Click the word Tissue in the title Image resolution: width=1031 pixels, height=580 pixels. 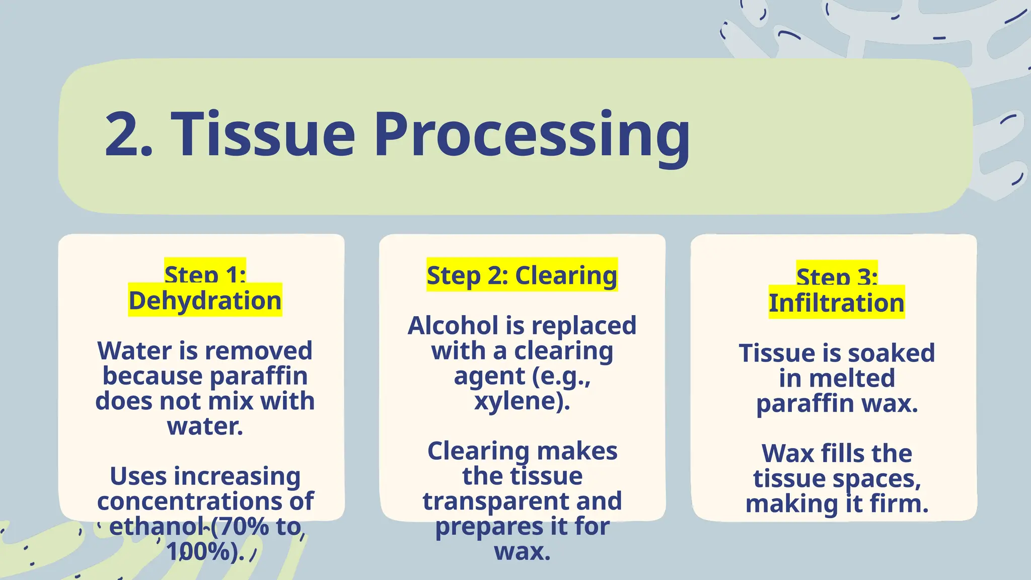pyautogui.click(x=263, y=135)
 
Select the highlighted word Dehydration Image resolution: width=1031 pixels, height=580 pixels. pyautogui.click(x=205, y=301)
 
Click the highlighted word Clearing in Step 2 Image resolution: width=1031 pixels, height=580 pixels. pyautogui.click(x=566, y=275)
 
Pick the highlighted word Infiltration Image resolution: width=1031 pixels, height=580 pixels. pyautogui.click(x=837, y=303)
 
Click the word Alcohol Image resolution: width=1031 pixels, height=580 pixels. pyautogui.click(x=453, y=326)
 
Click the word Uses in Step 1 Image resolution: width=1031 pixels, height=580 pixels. pyautogui.click(x=138, y=476)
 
